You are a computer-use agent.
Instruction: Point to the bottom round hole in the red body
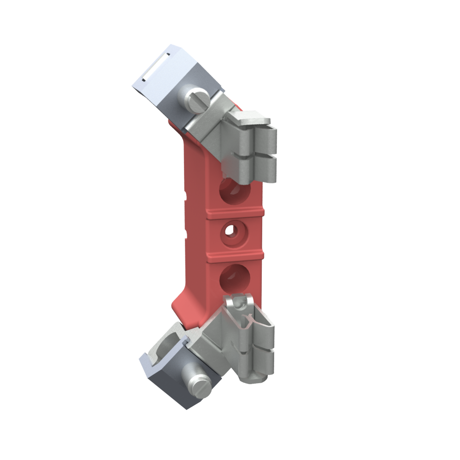[235, 277]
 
